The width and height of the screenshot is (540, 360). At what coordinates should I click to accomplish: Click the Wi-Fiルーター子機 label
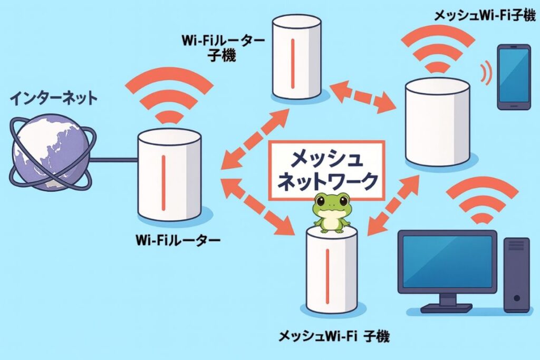[x=216, y=47]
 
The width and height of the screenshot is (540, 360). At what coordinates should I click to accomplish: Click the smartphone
[x=514, y=76]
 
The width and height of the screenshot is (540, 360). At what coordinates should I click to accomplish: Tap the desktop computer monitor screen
[x=446, y=260]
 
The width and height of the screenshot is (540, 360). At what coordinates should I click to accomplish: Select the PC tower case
[x=516, y=274]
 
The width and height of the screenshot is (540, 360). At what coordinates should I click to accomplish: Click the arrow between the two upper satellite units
[x=363, y=95]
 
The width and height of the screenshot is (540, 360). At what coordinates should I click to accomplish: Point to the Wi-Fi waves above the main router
[x=169, y=95]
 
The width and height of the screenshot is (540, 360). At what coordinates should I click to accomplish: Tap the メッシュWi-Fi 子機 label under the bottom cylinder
[x=333, y=336]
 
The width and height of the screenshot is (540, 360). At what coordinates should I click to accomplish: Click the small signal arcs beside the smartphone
[x=486, y=73]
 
